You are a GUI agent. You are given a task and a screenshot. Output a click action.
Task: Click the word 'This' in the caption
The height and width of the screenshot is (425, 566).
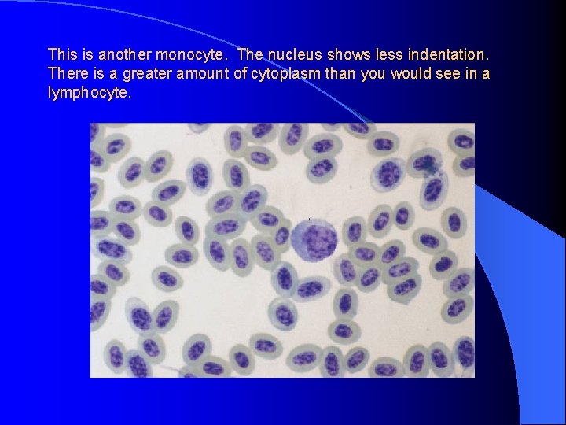tap(61, 55)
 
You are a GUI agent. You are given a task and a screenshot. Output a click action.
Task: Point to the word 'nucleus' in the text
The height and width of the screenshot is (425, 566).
tap(291, 55)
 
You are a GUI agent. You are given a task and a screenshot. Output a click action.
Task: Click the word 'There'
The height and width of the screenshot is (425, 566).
tap(66, 74)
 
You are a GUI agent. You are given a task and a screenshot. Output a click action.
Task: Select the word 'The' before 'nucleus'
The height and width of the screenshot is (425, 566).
tap(250, 55)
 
